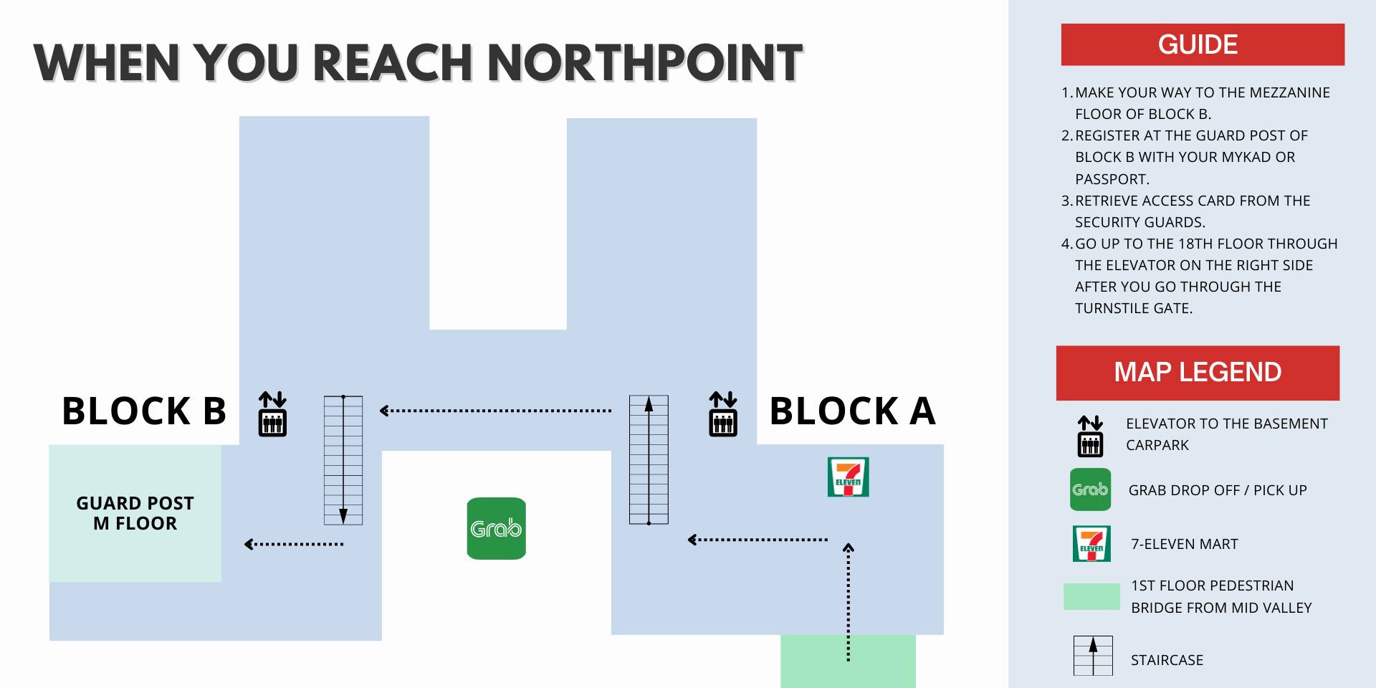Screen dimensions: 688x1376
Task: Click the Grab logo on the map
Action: [x=496, y=528]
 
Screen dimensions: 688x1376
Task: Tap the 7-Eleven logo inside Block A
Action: [x=848, y=477]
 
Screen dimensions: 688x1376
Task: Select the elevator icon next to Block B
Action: [x=272, y=414]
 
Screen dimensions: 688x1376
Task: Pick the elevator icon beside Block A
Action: [x=722, y=414]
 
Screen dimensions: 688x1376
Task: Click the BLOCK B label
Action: [x=144, y=411]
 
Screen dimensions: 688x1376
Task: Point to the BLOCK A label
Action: [x=852, y=411]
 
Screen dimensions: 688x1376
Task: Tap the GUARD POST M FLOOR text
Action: [x=135, y=513]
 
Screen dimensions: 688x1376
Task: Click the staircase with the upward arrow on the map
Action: [x=649, y=459]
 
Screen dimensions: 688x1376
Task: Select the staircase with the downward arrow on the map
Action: [x=343, y=459]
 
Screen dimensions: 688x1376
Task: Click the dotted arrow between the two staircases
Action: [x=495, y=411]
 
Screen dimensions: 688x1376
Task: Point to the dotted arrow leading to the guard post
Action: [x=294, y=544]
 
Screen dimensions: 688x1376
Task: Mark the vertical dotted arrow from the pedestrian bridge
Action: [x=849, y=602]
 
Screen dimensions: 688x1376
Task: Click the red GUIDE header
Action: [x=1202, y=44]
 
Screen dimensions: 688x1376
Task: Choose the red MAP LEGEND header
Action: [x=1198, y=373]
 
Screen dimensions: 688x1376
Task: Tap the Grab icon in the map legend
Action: [x=1090, y=489]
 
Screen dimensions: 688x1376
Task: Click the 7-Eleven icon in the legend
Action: [x=1091, y=543]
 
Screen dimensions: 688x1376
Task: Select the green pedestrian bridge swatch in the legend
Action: [x=1091, y=596]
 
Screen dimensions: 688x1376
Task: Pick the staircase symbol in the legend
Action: [x=1093, y=655]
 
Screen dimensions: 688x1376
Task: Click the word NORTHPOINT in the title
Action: [x=645, y=63]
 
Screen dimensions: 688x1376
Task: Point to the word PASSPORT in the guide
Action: [x=1112, y=179]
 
